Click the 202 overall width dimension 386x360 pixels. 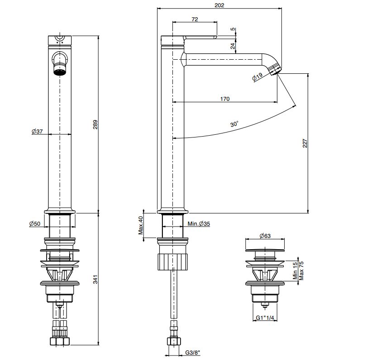[219, 5]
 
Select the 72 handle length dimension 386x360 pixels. [195, 19]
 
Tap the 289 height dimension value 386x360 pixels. [95, 124]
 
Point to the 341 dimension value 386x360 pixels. [95, 279]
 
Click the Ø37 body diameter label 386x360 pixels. [37, 132]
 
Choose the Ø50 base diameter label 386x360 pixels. [35, 224]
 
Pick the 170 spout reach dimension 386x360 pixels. [225, 99]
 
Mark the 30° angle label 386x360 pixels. [234, 124]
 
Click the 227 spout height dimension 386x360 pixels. [305, 143]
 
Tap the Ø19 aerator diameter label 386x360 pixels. [257, 77]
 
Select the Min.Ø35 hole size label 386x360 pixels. [199, 224]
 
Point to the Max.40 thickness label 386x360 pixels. [141, 225]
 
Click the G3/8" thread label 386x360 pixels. [193, 353]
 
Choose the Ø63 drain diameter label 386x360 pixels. [265, 236]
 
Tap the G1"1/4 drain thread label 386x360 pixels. [265, 317]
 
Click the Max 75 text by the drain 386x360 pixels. [301, 271]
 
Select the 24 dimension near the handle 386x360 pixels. [233, 46]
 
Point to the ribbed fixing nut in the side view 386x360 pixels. [172, 261]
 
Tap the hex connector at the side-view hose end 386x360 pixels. [174, 341]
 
